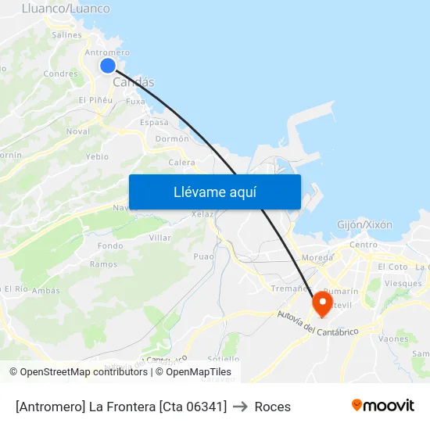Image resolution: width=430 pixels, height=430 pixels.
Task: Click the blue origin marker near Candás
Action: (108, 66)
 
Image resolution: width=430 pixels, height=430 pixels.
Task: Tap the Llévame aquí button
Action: (215, 192)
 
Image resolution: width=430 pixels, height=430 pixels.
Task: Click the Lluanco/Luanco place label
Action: (66, 9)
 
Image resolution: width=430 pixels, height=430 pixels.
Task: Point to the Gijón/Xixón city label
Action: (364, 224)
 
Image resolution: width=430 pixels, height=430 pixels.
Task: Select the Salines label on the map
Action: (66, 35)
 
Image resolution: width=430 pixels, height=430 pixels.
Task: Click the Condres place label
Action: (60, 74)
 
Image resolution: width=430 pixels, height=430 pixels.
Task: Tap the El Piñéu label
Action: (96, 100)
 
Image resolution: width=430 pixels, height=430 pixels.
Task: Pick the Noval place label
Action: (77, 131)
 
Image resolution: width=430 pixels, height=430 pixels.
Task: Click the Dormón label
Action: (172, 138)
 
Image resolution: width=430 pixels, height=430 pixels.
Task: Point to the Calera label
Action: (181, 163)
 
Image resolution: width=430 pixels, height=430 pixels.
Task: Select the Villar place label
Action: (159, 238)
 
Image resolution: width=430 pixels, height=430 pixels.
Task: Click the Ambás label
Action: (46, 290)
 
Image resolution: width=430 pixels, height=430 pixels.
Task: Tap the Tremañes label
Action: (288, 288)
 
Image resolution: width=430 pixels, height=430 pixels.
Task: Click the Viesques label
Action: (403, 283)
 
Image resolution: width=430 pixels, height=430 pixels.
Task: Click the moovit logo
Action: (382, 406)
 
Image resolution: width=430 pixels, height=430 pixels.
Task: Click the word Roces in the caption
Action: (273, 407)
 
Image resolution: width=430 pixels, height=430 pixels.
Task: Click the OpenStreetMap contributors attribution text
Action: (84, 372)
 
